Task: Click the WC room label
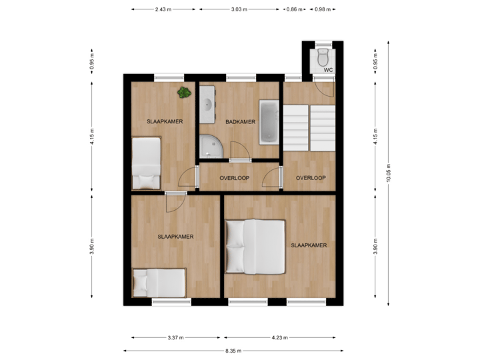pos(327,69)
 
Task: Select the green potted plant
pos(183,93)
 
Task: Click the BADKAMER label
pos(240,122)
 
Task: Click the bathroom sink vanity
pos(207,105)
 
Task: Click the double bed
pos(255,247)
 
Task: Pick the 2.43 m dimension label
pos(163,10)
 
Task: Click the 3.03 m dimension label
pos(239,10)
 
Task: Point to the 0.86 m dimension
pos(292,10)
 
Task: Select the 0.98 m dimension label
pos(322,10)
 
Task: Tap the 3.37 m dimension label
pos(177,337)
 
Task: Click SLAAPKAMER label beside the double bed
pos(309,245)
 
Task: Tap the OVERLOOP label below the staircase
pos(311,178)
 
